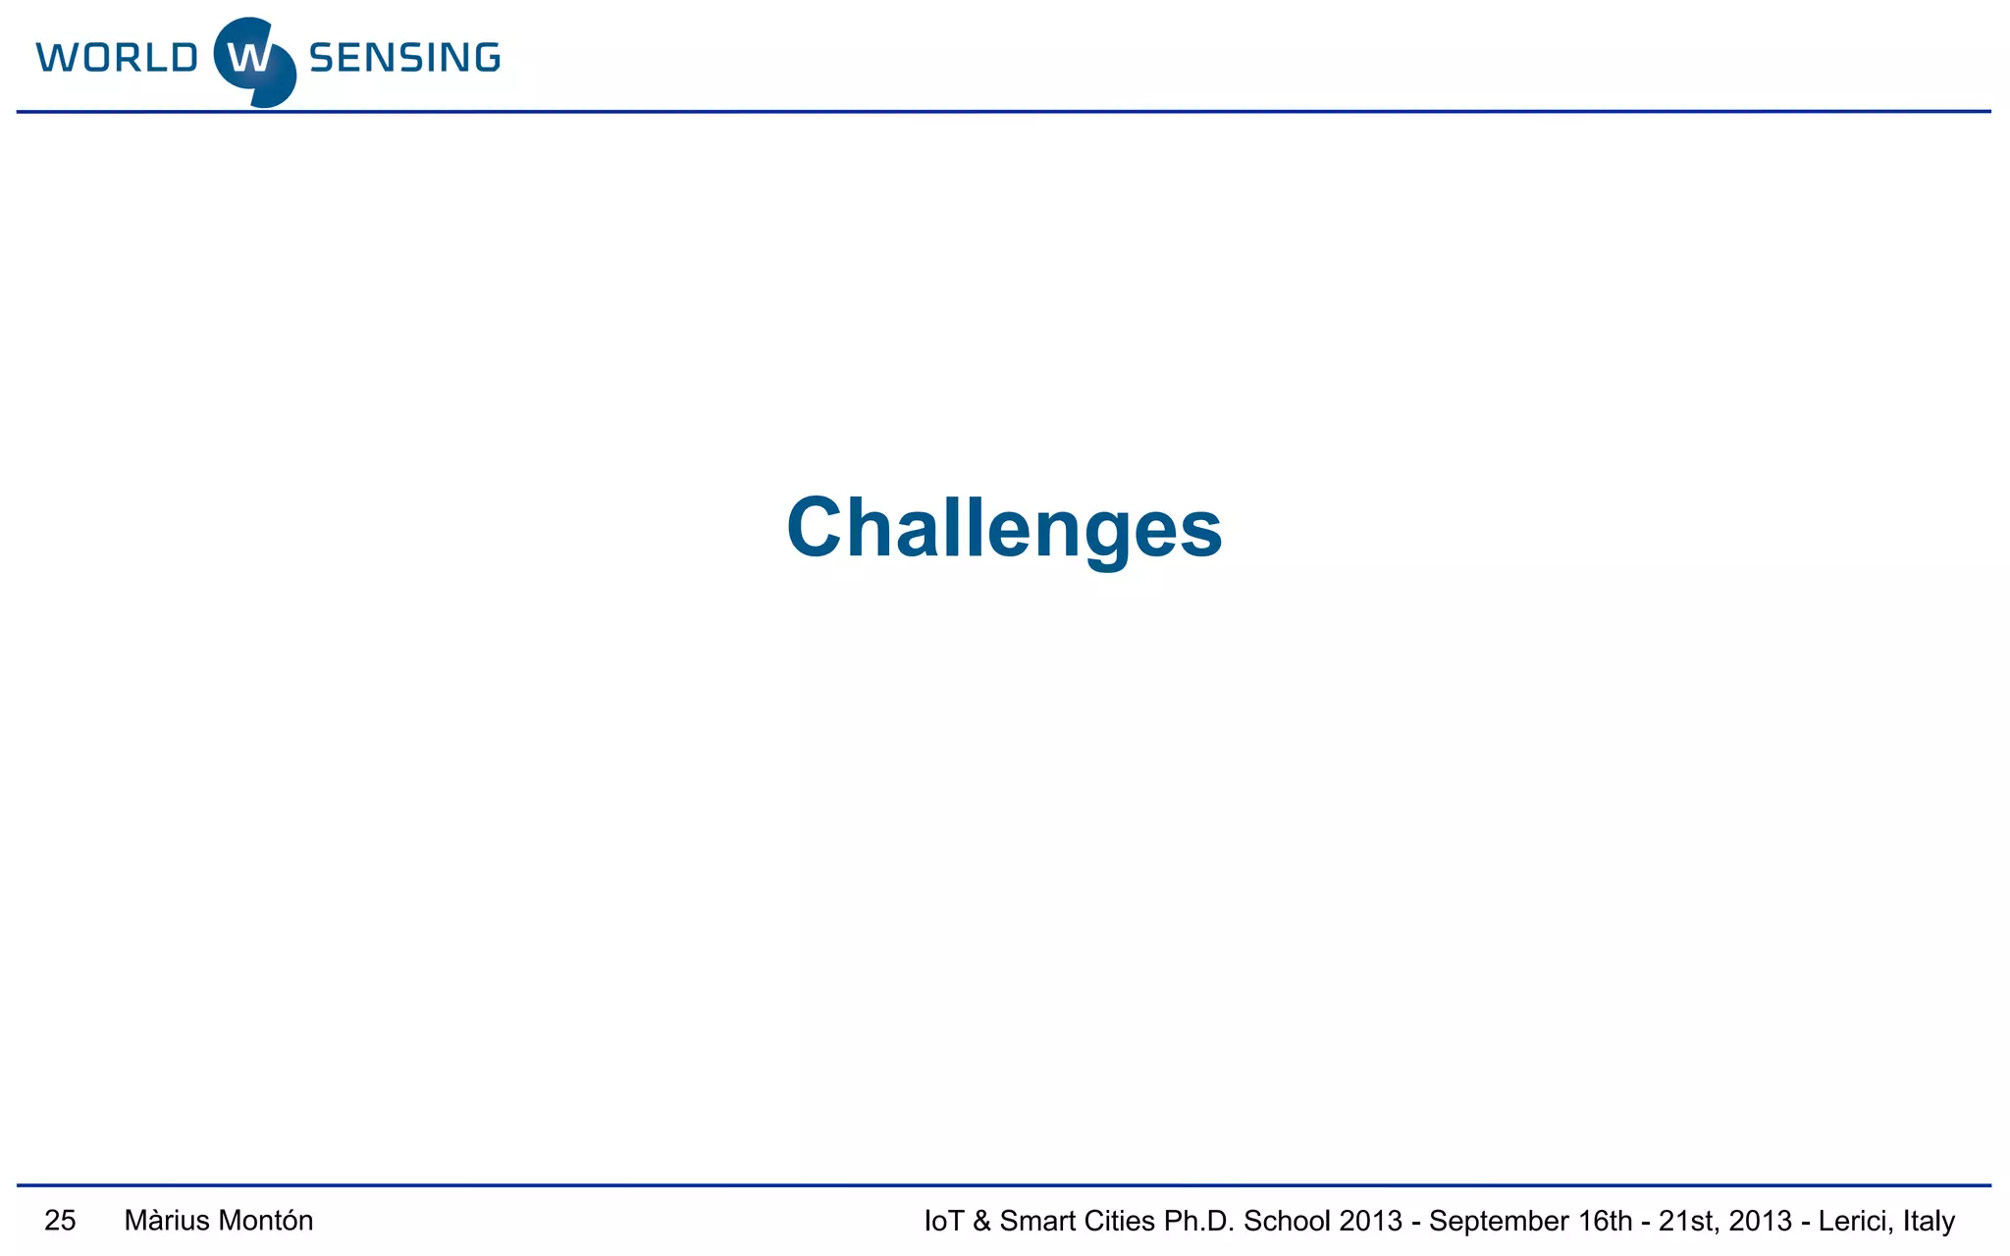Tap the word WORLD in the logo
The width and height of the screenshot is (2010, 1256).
tap(117, 58)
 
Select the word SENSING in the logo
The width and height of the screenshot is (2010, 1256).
tap(404, 58)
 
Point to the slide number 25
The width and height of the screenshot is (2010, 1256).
tap(60, 1221)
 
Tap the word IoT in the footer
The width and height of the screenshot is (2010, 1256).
tap(943, 1222)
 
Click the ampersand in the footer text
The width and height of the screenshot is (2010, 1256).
tap(981, 1222)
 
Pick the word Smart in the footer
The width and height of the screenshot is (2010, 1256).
tap(1036, 1222)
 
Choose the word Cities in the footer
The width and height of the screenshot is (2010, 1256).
tap(1119, 1222)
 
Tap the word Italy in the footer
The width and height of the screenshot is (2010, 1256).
tap(1929, 1222)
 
